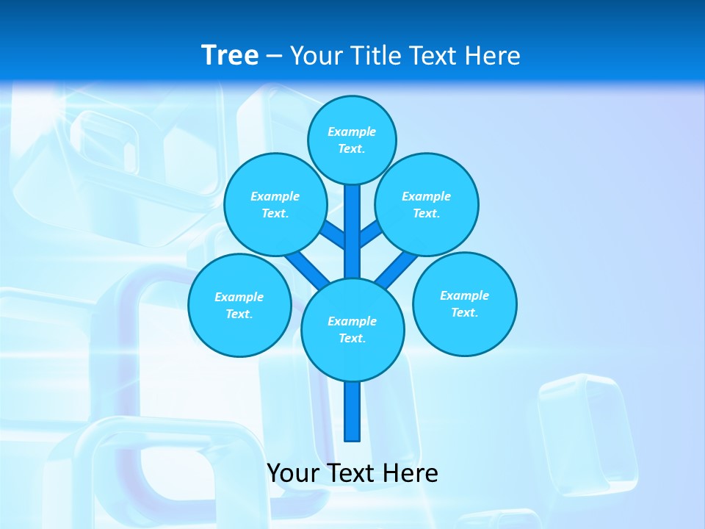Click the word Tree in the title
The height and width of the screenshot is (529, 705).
[x=230, y=55]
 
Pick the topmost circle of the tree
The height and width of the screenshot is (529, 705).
[x=352, y=140]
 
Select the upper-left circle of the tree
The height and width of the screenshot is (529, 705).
[x=275, y=204]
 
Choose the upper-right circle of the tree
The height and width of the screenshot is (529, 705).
[x=427, y=204]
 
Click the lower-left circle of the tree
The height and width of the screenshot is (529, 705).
[x=239, y=305]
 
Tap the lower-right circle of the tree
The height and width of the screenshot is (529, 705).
[x=464, y=303]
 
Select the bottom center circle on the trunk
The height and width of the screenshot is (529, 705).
[x=352, y=329]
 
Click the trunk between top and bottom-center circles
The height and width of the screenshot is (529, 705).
[x=352, y=231]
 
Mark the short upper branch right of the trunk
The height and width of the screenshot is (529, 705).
[x=371, y=234]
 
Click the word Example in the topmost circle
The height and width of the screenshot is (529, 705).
[x=352, y=132]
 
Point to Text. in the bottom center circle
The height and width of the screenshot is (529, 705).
[x=352, y=339]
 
